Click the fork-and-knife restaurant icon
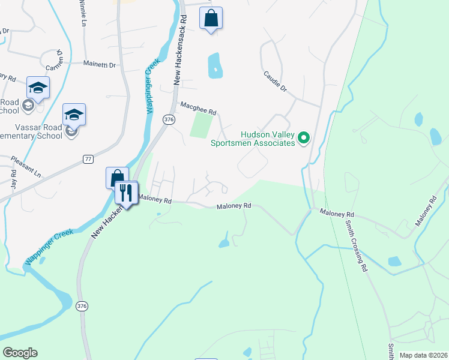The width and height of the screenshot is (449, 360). [126, 193]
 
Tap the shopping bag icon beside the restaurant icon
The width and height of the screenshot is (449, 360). [116, 178]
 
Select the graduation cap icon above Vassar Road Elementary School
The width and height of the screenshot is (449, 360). [74, 114]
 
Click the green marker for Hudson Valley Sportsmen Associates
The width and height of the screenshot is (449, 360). [304, 139]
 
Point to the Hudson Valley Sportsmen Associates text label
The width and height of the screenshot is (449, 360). [253, 139]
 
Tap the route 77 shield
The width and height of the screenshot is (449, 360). [88, 158]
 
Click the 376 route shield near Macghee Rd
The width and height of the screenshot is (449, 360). [169, 120]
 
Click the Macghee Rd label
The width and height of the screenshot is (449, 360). [198, 108]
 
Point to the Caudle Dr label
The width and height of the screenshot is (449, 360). [276, 82]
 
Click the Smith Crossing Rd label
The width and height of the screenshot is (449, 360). [355, 246]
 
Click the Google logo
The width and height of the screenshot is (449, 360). [20, 353]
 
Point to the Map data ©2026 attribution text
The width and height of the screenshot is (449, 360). [423, 355]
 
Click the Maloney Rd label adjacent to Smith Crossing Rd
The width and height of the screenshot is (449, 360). [337, 213]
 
